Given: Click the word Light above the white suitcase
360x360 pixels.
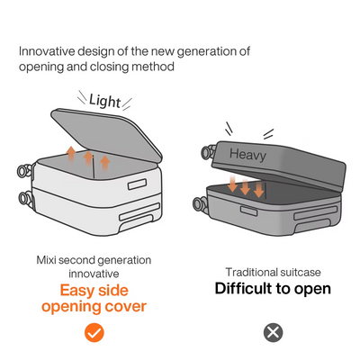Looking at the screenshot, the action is click(105, 101).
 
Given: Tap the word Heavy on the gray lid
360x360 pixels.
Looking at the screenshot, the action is click(247, 155).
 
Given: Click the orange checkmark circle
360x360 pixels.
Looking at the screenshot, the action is click(94, 332).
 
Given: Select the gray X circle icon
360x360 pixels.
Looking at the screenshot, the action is click(273, 332).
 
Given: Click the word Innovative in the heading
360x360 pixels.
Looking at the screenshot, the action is click(47, 51).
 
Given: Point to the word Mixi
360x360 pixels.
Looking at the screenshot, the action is click(46, 260).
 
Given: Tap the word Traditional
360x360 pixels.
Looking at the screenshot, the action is click(251, 273).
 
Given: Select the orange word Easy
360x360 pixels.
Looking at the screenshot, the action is click(76, 291).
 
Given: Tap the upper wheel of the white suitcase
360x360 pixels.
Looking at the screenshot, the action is click(23, 171).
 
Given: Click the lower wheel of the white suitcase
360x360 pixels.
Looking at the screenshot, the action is click(24, 198).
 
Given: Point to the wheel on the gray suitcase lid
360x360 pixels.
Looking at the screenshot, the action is click(208, 152).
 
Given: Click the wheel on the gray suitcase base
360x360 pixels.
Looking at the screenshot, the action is click(200, 203).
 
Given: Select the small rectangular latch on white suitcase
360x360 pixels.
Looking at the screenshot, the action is click(138, 184).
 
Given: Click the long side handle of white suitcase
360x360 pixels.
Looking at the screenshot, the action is click(139, 211).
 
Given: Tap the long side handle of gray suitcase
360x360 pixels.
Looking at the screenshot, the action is click(316, 212).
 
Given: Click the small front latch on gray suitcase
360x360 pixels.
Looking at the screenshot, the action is click(248, 211).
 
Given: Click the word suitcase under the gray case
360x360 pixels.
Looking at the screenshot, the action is click(301, 273).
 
